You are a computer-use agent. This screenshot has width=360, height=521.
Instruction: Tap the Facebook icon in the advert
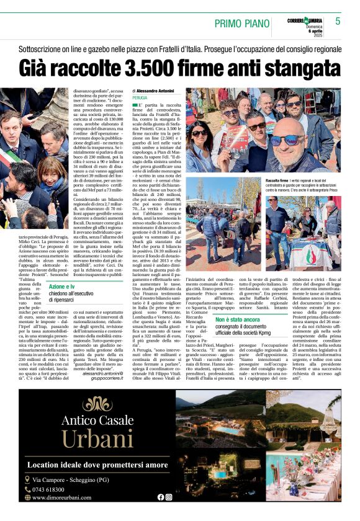161,497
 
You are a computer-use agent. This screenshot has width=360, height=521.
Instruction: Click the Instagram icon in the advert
169,497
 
